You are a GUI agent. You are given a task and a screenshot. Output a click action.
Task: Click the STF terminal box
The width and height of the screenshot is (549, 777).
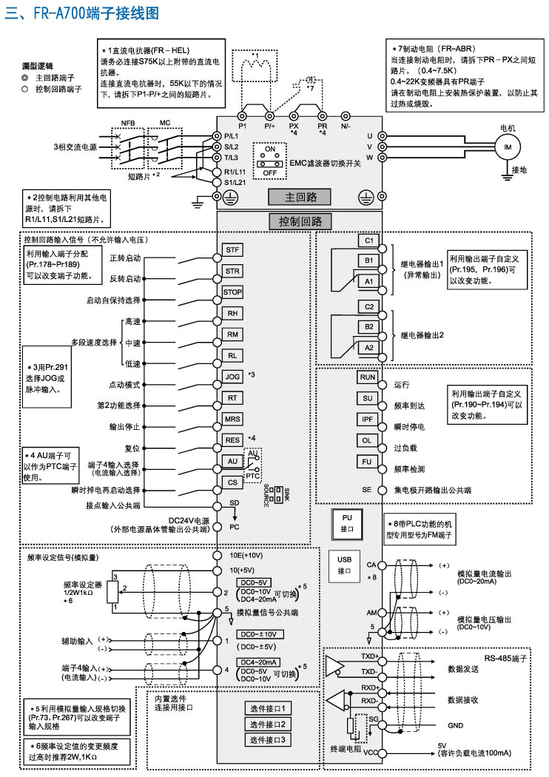point(232,250)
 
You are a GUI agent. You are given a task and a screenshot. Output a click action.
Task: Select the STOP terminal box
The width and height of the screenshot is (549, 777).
point(232,292)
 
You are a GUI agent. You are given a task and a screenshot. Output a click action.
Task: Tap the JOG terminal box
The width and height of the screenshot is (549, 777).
point(232,376)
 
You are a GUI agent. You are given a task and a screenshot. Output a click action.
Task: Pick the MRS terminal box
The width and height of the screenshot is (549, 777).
point(232,419)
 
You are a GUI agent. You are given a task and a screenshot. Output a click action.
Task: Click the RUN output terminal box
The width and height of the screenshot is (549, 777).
point(368,377)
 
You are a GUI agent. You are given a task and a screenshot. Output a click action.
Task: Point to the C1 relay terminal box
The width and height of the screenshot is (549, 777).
point(367,240)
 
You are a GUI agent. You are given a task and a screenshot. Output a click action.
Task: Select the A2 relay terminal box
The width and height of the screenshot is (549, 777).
point(367,346)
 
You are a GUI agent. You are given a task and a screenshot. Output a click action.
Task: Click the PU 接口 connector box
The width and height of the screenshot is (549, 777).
point(348,523)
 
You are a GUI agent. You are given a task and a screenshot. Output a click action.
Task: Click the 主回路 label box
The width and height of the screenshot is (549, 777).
point(300,197)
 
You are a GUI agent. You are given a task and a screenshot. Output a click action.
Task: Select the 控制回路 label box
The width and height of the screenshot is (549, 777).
point(300,221)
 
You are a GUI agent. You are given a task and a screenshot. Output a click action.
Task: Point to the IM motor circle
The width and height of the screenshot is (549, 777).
point(508,147)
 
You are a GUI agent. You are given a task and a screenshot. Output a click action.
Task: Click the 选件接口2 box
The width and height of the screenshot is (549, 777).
point(266,723)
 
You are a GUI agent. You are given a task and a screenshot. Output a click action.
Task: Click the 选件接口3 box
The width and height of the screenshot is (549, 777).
point(266,739)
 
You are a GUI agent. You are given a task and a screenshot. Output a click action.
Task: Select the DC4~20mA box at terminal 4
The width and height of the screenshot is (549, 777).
point(258,662)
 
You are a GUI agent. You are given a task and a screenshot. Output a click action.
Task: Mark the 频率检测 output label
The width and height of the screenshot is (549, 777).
point(409,469)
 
